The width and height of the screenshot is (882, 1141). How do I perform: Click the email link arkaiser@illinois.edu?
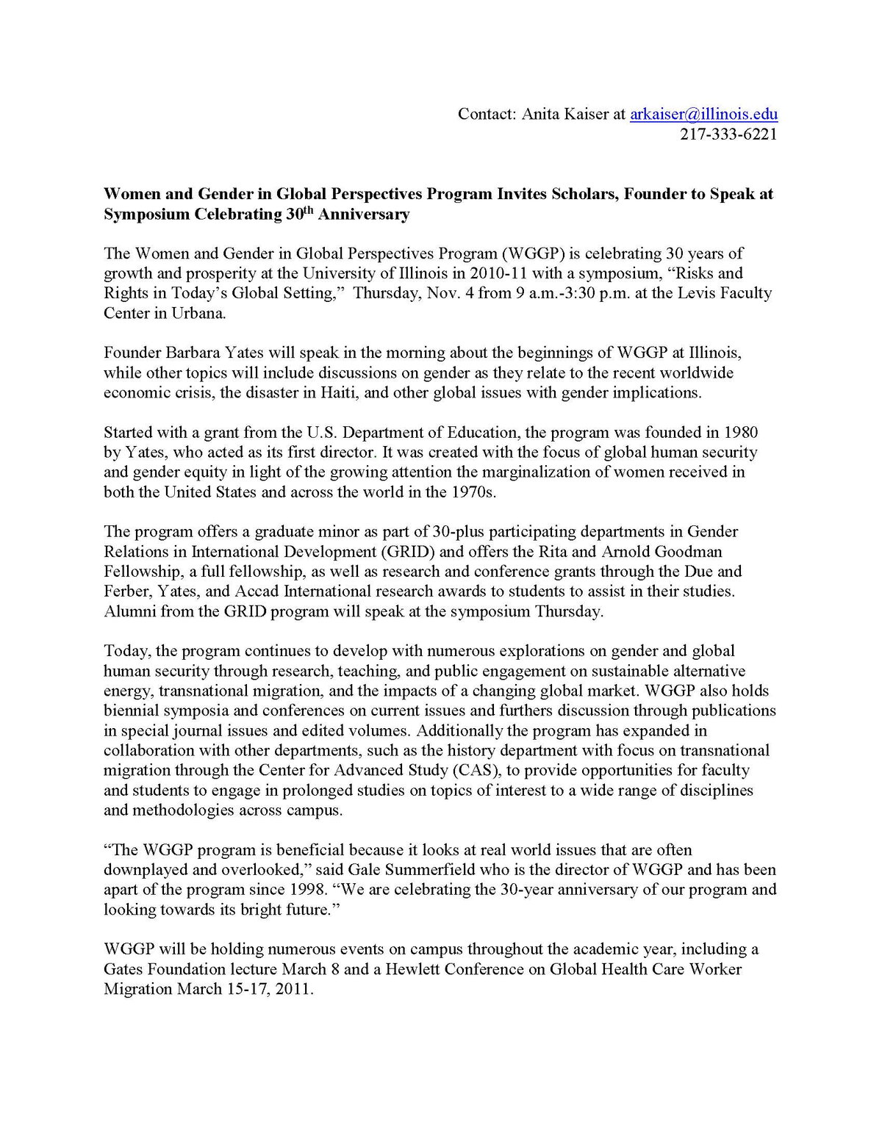click(703, 114)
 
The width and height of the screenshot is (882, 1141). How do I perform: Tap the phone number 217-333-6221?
click(728, 134)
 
